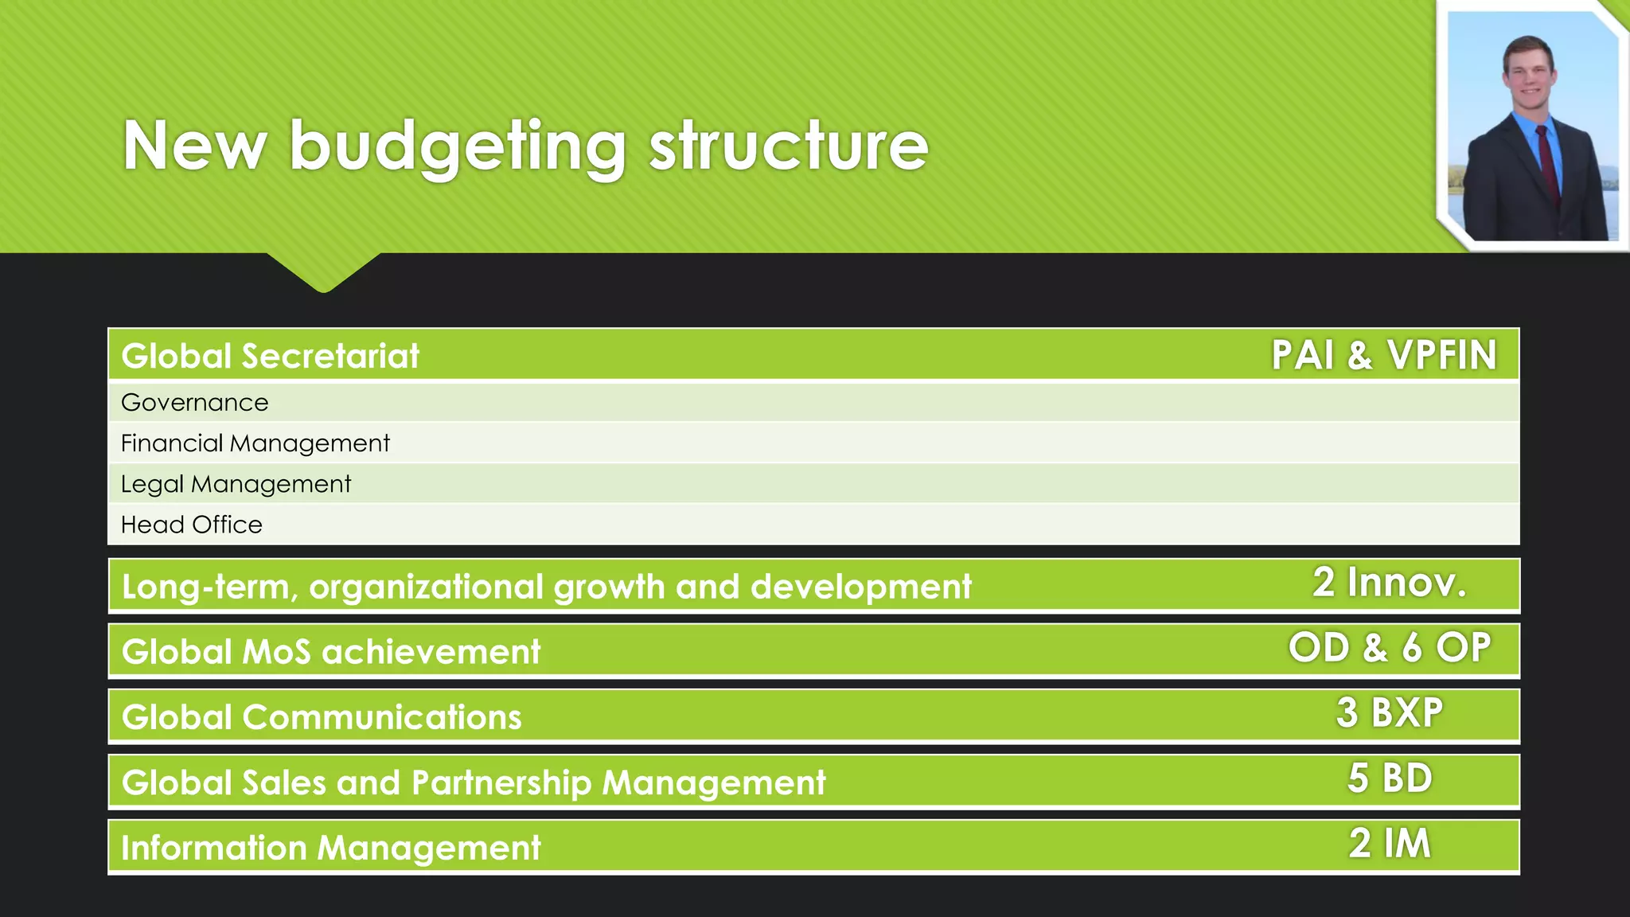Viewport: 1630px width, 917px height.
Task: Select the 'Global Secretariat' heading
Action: tap(270, 356)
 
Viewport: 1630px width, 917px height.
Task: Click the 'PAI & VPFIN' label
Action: tap(1384, 355)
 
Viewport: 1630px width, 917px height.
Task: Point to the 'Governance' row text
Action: tap(194, 403)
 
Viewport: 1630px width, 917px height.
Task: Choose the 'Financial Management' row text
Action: tap(255, 443)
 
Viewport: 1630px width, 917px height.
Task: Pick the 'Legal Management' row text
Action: tap(236, 484)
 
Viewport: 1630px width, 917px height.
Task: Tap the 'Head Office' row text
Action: tap(191, 525)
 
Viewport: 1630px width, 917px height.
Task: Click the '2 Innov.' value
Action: tap(1389, 583)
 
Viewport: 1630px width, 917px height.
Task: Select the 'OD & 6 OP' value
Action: tap(1390, 648)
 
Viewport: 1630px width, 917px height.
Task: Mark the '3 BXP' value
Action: tap(1390, 712)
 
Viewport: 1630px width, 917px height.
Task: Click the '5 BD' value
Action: tap(1390, 778)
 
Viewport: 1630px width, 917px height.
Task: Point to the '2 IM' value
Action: tap(1390, 843)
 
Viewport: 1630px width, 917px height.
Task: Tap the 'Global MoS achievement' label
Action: tap(331, 652)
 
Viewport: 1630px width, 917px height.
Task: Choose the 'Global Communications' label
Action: tap(322, 717)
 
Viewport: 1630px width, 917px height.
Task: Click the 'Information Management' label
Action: tap(331, 848)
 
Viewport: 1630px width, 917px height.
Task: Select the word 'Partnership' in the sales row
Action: tap(501, 782)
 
